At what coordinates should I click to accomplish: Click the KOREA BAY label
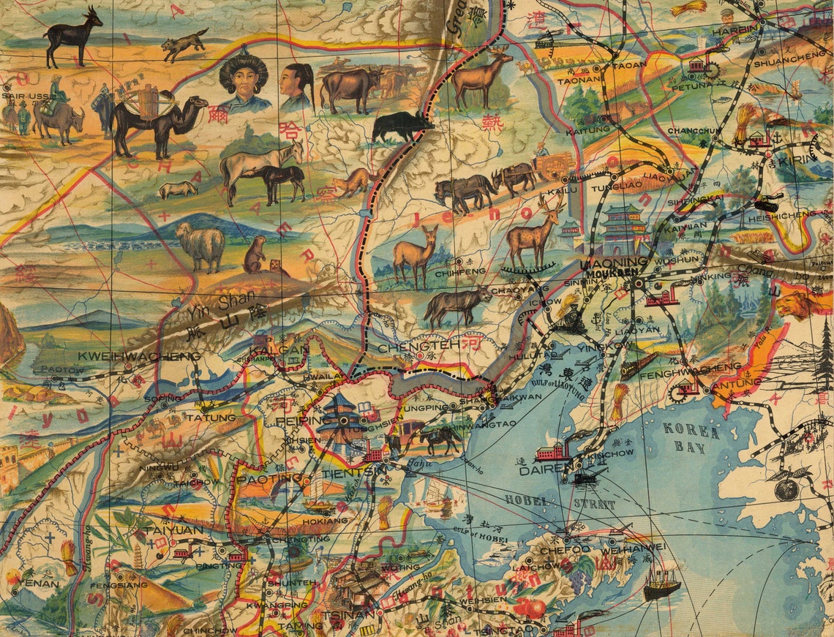pos(691,437)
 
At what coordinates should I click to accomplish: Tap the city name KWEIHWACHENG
pos(138,355)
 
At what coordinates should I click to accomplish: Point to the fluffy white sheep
pos(200,246)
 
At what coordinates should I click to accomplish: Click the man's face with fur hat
pos(244,82)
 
